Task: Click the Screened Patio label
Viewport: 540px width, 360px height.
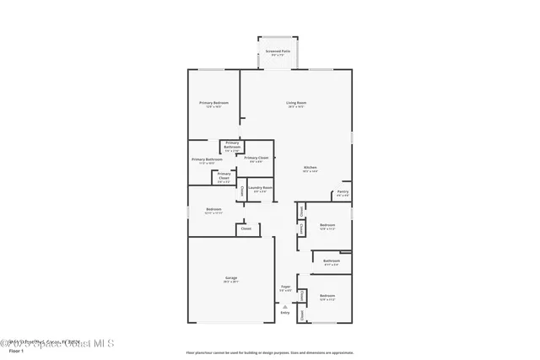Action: coord(278,51)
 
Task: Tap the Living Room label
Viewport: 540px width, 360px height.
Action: coord(295,103)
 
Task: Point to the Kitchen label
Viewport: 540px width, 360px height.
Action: coord(310,168)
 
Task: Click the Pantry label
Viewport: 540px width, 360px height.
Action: coord(343,191)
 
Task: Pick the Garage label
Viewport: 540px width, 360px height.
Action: coord(230,277)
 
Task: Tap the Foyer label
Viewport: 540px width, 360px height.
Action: coord(285,287)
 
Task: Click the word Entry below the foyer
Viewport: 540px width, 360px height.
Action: coord(285,313)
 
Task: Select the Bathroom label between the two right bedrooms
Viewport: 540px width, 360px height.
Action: coord(331,261)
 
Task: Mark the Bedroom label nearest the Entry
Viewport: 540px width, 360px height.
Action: coord(327,296)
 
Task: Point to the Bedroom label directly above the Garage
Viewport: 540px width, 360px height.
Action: coord(213,209)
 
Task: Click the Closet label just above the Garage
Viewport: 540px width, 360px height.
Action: coord(246,228)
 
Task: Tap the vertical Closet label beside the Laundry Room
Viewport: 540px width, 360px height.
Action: coord(243,191)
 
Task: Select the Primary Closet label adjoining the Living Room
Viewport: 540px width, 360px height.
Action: coord(256,158)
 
